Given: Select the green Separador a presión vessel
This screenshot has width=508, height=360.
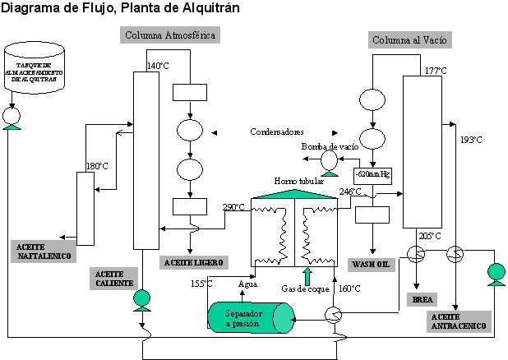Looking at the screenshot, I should pyautogui.click(x=250, y=317).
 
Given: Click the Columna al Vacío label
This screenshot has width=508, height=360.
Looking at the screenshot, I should pyautogui.click(x=410, y=40).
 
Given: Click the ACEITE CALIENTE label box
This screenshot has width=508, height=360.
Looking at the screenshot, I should pyautogui.click(x=117, y=277).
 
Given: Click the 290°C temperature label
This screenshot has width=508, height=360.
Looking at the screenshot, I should pyautogui.click(x=233, y=207).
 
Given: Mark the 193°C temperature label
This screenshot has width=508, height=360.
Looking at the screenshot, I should pyautogui.click(x=471, y=139).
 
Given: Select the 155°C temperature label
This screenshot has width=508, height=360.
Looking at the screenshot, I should pyautogui.click(x=202, y=284).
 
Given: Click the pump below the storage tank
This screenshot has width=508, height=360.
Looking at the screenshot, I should pyautogui.click(x=12, y=119).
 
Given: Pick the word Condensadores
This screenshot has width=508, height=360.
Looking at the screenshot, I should pyautogui.click(x=277, y=132).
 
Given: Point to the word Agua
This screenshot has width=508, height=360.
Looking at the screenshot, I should pyautogui.click(x=247, y=284).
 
